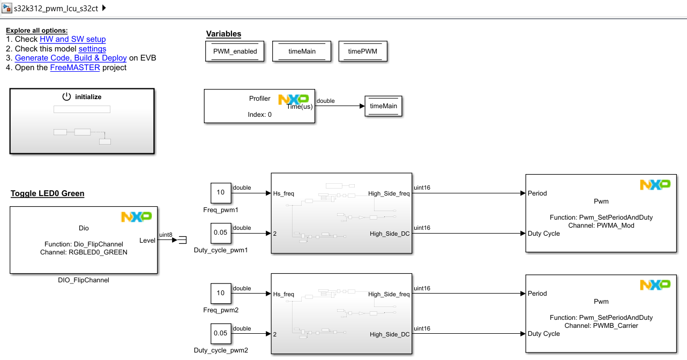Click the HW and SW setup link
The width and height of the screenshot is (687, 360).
click(x=72, y=39)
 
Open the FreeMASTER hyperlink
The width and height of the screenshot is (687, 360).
click(x=75, y=67)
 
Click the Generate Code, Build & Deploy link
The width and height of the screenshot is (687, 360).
click(x=71, y=58)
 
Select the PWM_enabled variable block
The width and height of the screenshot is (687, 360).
click(x=235, y=51)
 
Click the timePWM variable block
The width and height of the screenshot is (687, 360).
click(x=362, y=51)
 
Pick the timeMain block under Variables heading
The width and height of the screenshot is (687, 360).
click(x=302, y=51)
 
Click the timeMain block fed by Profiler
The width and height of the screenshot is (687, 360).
click(x=383, y=106)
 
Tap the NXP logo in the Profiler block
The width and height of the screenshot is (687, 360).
click(x=293, y=99)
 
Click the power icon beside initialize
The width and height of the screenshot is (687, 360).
click(x=66, y=97)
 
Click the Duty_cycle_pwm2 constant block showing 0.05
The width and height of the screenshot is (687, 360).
click(x=220, y=333)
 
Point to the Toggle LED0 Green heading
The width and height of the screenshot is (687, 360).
click(x=47, y=193)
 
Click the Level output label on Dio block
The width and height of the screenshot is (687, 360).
click(x=147, y=241)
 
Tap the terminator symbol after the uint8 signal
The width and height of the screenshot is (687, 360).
click(x=183, y=241)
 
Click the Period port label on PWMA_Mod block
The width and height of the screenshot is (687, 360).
click(x=537, y=193)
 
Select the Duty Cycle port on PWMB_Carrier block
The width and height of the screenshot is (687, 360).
click(x=543, y=334)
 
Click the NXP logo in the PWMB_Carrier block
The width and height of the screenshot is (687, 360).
click(x=655, y=285)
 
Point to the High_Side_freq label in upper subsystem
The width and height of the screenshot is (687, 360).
click(x=389, y=193)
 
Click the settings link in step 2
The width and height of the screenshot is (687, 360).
click(x=92, y=49)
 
